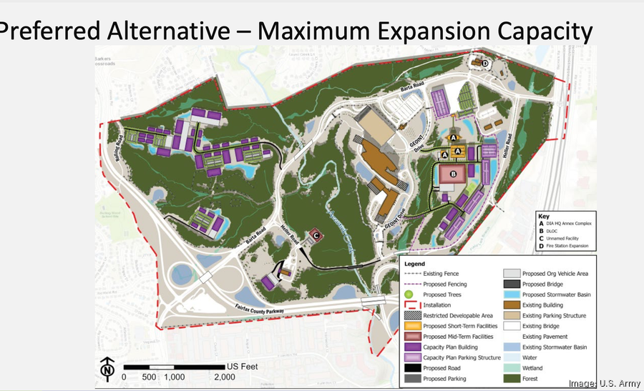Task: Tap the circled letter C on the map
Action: (x=316, y=236)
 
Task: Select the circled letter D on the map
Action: (x=485, y=64)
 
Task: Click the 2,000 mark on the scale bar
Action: (x=224, y=377)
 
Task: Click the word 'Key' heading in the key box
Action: (x=545, y=215)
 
